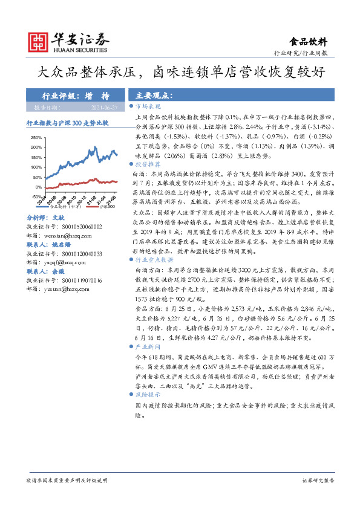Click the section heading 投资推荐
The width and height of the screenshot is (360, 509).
[x=148, y=164]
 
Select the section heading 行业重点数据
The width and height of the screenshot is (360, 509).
[x=152, y=259]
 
